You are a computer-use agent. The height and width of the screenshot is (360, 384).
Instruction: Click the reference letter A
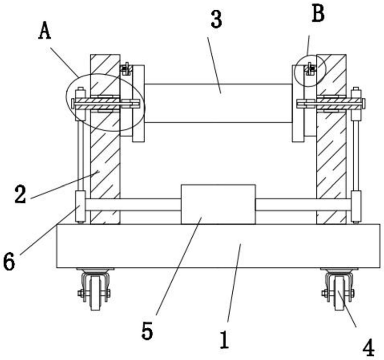45,31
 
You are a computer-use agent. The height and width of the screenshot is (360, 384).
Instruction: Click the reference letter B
318,13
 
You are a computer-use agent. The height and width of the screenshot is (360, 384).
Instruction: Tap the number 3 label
216,19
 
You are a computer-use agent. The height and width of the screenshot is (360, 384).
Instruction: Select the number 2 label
20,194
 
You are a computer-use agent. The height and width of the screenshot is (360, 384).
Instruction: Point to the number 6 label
9,262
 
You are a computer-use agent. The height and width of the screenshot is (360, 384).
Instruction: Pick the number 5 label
147,331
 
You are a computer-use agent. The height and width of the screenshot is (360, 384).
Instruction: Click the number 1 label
225,340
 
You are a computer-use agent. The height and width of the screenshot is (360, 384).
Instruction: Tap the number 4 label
368,347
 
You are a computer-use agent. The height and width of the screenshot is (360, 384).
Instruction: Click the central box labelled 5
218,204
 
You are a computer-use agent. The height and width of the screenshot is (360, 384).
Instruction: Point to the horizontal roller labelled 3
218,103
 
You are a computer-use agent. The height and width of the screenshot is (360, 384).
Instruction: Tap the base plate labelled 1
218,246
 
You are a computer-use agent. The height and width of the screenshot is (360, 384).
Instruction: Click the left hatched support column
105,139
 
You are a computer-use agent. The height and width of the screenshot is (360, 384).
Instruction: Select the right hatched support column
331,139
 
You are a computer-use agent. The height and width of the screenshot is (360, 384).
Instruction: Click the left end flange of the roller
138,103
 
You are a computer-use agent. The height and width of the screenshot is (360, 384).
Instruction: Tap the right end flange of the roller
298,103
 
